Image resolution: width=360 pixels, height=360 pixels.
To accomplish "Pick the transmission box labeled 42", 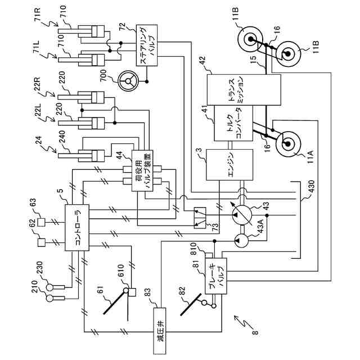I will click(x=242, y=89).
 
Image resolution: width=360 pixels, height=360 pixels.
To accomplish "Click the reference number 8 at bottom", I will click(x=254, y=334).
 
